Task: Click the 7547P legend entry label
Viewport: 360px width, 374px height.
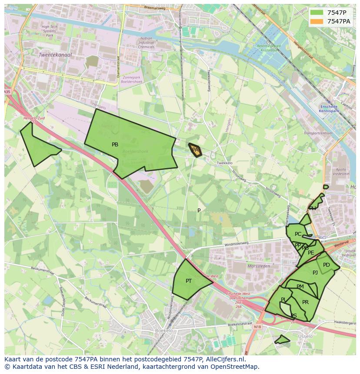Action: pos(337,13)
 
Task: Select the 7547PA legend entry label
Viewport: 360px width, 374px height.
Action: pos(339,21)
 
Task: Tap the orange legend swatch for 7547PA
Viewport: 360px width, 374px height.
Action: pos(317,21)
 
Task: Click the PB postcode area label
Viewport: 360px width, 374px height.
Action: pos(115,145)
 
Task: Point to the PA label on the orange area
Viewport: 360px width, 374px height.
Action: pos(195,150)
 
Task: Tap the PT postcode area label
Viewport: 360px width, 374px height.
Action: pos(189,281)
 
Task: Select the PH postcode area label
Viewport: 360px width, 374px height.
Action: pos(313,209)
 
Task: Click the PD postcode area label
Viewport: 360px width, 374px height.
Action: pos(327,265)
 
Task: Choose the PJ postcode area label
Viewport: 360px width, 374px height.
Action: pos(315,273)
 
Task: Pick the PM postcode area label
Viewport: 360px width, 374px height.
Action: pos(300,287)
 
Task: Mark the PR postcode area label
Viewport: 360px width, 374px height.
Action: pos(305,302)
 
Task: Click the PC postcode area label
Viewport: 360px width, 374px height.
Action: pos(298,234)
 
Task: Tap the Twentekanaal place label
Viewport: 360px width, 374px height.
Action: pos(55,55)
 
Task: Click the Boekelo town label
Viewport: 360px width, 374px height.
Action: pos(163,331)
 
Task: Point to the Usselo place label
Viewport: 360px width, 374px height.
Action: pos(305,337)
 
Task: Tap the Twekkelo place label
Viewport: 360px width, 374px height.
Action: pos(224,163)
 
